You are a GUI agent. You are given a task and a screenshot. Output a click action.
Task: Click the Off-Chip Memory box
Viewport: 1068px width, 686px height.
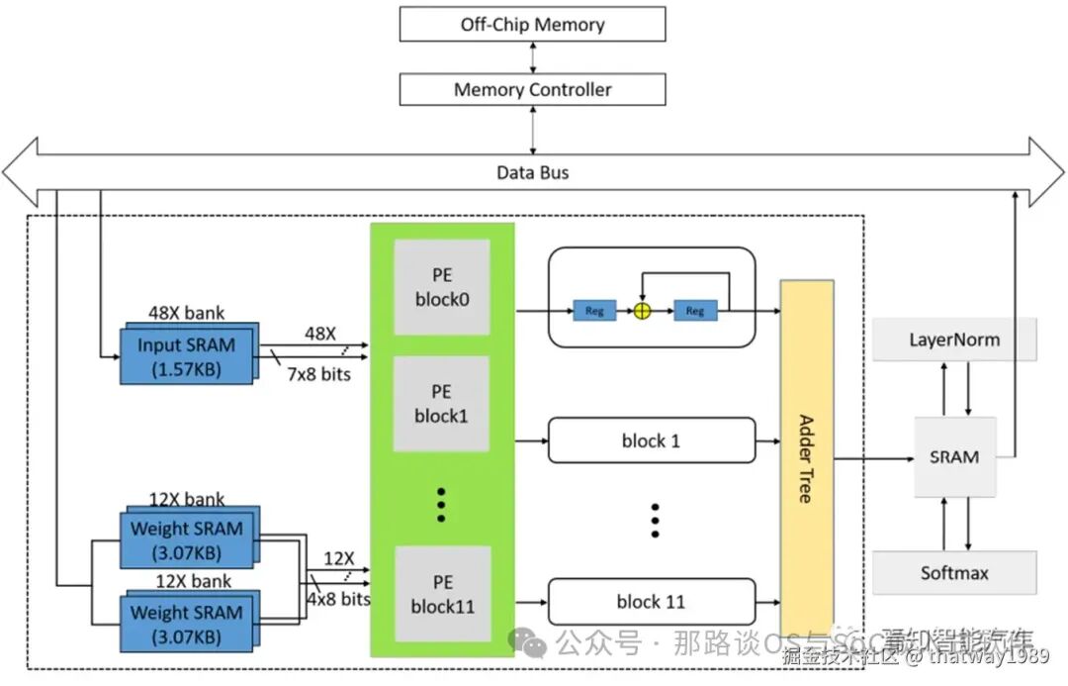(x=532, y=25)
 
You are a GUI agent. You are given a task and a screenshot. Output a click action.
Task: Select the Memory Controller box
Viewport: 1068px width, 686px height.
(x=532, y=90)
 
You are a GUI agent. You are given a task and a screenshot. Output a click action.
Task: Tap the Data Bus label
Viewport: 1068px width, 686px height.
(x=532, y=173)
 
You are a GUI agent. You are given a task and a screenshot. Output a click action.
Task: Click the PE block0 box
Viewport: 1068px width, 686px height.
(x=442, y=287)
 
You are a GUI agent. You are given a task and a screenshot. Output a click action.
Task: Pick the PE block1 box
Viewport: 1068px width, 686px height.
(x=442, y=404)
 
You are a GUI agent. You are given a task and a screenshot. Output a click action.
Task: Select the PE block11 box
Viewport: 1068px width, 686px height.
(x=442, y=594)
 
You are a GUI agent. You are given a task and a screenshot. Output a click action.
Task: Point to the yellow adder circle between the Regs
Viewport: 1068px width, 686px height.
(x=643, y=311)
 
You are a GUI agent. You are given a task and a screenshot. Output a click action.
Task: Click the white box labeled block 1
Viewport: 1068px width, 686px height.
(x=651, y=441)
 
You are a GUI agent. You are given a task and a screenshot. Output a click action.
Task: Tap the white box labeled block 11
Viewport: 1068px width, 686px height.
(x=651, y=602)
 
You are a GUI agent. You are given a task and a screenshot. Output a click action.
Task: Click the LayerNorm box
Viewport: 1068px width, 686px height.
(x=954, y=340)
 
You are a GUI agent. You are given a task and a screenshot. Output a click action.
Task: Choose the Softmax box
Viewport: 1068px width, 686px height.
(x=954, y=573)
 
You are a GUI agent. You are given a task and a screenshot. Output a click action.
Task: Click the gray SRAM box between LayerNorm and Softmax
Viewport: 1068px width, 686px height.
(x=954, y=457)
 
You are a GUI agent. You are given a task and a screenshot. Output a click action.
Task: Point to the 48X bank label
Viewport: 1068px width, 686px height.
(x=186, y=313)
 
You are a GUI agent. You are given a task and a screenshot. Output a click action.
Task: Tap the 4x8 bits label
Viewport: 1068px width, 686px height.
(x=338, y=599)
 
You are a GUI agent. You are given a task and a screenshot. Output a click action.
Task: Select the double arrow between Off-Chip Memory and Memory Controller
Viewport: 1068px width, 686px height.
(x=533, y=57)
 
